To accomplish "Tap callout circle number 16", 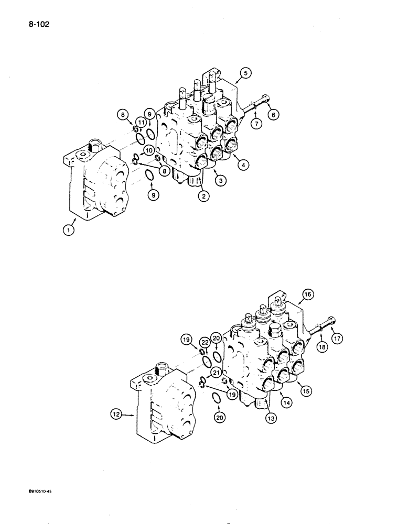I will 307,295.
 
